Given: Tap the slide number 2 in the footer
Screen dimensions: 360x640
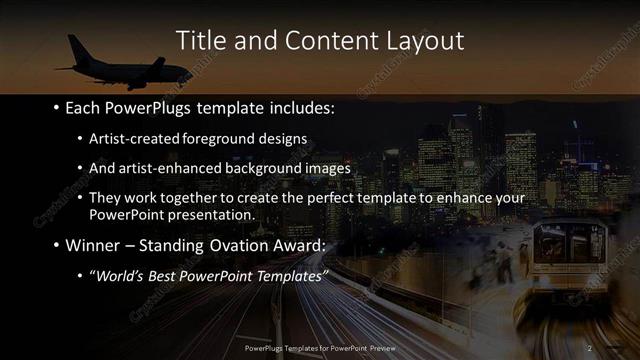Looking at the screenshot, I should tap(590, 347).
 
